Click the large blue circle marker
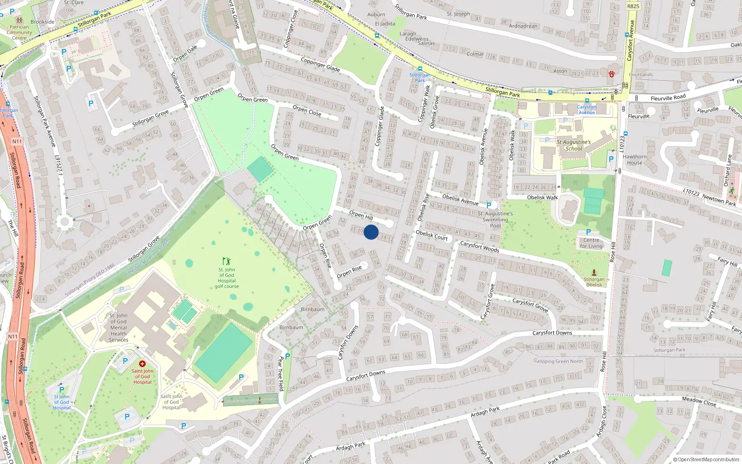click(371, 232)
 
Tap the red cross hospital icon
click(142, 364)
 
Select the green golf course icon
click(226, 262)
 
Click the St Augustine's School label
click(574, 145)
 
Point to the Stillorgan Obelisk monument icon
click(594, 272)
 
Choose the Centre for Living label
click(591, 243)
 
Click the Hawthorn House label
click(634, 160)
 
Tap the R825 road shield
click(633, 6)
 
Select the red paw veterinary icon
click(612, 73)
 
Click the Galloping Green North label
click(558, 361)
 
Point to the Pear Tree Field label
click(280, 374)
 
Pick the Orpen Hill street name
click(361, 215)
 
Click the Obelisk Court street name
click(432, 235)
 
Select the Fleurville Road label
click(668, 98)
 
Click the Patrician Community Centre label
click(19, 32)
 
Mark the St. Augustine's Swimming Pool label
click(495, 219)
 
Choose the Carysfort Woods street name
click(480, 246)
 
